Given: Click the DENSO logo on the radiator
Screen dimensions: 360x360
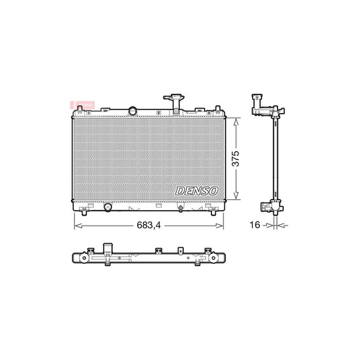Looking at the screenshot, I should pyautogui.click(x=196, y=191).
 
